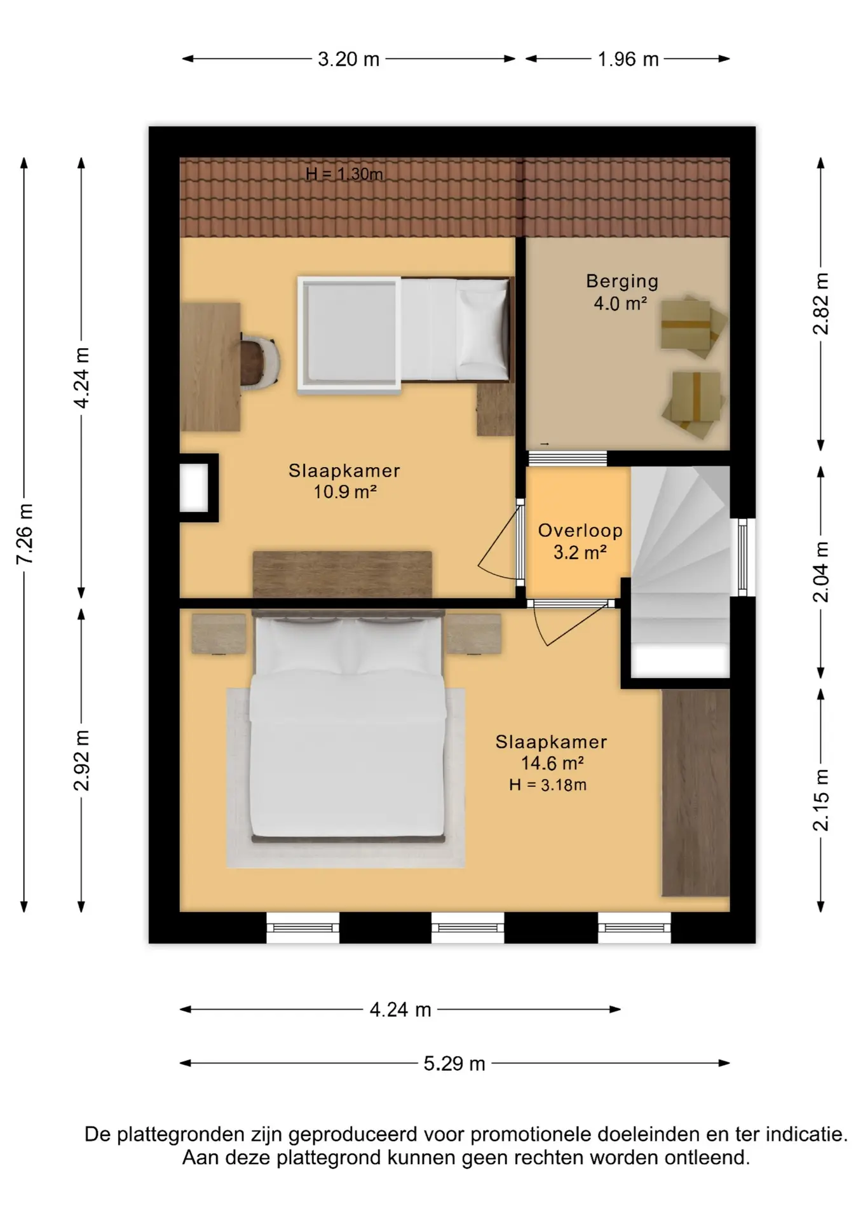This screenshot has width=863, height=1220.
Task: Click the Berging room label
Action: pos(622,281)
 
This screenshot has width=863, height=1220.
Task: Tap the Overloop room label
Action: pos(580,531)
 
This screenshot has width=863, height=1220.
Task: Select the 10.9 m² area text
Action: pos(345,491)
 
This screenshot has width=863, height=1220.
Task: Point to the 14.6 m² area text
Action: pos(552,762)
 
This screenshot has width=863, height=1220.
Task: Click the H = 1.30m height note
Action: pos(344,173)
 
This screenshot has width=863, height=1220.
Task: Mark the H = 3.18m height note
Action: pos(548,785)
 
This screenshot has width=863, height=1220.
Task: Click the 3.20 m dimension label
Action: pos(348,59)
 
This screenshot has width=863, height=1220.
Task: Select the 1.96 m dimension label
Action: pos(628,59)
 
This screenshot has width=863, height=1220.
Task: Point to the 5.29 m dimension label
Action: pos(454,1063)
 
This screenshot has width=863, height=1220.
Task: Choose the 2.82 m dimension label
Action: pos(821,304)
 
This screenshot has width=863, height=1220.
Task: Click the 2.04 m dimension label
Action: pos(821,572)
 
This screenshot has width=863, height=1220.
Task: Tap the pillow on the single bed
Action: pos(482,330)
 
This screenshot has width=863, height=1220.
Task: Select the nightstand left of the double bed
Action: pos(219,634)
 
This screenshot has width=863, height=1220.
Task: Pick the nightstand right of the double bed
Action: pos(473,634)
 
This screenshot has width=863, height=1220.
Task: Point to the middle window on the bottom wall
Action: pos(468,928)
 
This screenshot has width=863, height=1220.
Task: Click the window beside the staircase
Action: pos(742,557)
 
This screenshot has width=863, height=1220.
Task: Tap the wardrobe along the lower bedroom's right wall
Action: pos(695,792)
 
